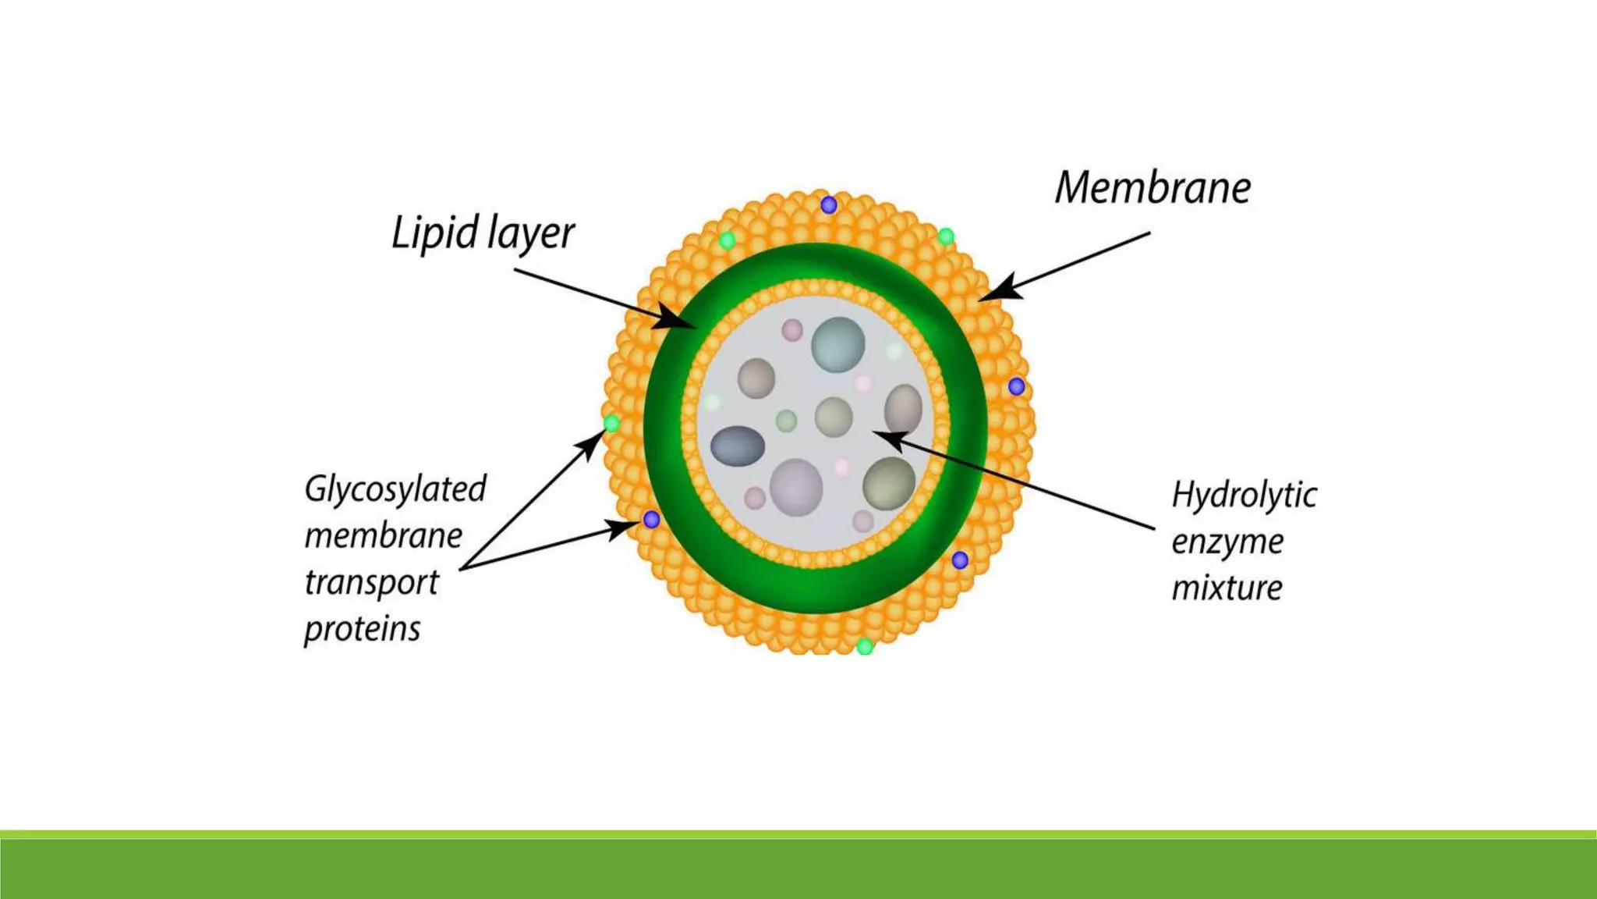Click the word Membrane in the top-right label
(x=1153, y=188)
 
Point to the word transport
(x=371, y=583)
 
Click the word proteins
(x=362, y=629)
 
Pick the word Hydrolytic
(x=1244, y=496)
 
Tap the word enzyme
(x=1227, y=542)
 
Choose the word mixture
(x=1227, y=588)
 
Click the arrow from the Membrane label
(x=1065, y=266)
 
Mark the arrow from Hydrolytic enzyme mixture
(x=1014, y=480)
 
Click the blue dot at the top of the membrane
(x=829, y=205)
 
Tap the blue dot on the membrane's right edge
(x=1016, y=386)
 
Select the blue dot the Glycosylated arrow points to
(x=651, y=520)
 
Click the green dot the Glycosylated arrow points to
(x=612, y=424)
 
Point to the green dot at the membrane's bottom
(x=865, y=647)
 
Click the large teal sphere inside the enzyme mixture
(x=838, y=344)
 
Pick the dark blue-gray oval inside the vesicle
(x=738, y=446)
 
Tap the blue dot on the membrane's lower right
(x=960, y=560)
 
